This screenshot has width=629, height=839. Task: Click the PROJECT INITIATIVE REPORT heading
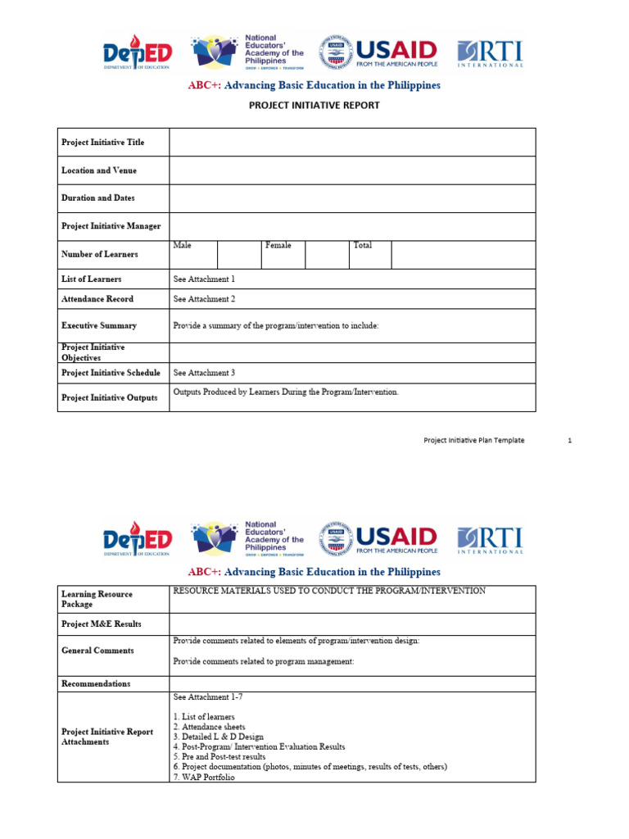click(x=314, y=105)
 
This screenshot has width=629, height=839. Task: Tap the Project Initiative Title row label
click(x=102, y=143)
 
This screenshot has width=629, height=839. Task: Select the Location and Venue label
click(x=99, y=170)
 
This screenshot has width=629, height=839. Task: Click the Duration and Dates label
click(x=98, y=198)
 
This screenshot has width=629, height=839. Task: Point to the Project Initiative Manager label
click(x=111, y=226)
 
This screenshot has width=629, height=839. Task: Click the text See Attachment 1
click(x=204, y=279)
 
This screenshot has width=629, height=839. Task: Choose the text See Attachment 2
click(x=204, y=299)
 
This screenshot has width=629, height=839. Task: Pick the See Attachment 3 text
click(x=204, y=373)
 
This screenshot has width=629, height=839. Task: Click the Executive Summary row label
click(x=99, y=325)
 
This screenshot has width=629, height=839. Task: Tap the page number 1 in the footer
click(x=569, y=441)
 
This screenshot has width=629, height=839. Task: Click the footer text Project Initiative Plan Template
click(x=473, y=441)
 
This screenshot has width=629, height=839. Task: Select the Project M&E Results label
click(x=102, y=624)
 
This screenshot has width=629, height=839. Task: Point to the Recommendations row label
click(x=96, y=683)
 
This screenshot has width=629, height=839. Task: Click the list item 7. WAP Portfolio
click(x=204, y=778)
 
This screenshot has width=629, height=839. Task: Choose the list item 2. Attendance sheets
click(x=209, y=727)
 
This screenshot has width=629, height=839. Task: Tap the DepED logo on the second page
click(x=138, y=539)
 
